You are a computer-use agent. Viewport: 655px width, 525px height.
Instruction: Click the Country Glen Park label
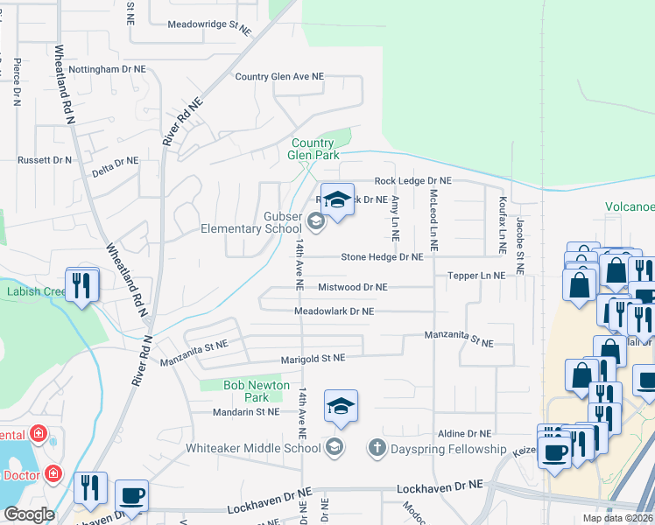coord(313,150)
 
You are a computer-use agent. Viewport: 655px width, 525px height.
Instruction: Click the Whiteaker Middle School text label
coord(253,449)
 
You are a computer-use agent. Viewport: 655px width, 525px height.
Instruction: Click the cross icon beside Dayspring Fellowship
coord(377,448)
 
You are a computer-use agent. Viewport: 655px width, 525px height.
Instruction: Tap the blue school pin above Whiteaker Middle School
coord(341,407)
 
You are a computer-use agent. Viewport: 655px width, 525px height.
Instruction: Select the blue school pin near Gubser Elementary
coord(336,201)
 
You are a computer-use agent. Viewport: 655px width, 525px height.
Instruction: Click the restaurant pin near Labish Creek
coord(81,284)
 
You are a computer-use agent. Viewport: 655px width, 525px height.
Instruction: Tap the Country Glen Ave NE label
coord(279,77)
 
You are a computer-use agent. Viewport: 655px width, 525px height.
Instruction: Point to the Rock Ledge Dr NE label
coord(412,180)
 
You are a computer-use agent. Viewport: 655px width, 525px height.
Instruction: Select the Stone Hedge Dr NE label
coord(382,257)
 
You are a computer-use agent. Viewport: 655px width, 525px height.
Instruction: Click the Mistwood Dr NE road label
coord(352,287)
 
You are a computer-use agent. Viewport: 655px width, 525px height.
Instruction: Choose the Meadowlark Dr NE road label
coord(334,311)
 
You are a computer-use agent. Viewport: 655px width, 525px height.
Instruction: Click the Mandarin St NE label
coord(246,411)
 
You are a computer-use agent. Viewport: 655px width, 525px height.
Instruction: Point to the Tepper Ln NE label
coord(476,275)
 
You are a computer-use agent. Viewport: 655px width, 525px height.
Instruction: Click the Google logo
coord(29,514)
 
